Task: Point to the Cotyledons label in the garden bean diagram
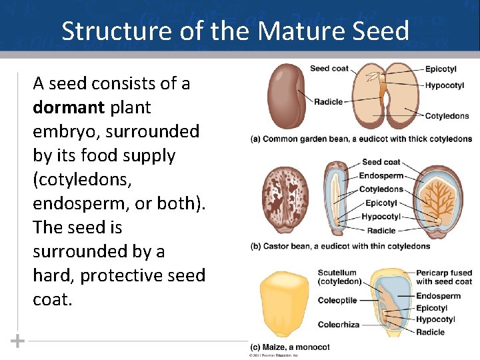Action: click(447, 116)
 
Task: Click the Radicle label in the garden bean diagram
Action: click(329, 102)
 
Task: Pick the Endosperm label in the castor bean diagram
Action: click(381, 176)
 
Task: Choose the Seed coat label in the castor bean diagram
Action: click(381, 162)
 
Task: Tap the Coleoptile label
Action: click(337, 301)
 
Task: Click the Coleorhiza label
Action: click(339, 325)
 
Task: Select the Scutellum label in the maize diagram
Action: click(337, 273)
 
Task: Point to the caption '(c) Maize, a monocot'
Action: click(290, 347)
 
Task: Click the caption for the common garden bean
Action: click(361, 139)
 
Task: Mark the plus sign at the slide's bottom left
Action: click(17, 341)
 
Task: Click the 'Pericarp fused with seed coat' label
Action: click(443, 277)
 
